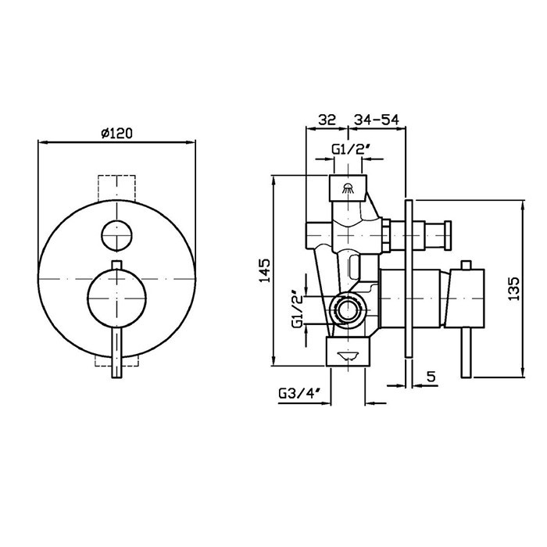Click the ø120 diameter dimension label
pyautogui.click(x=117, y=134)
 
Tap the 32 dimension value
pyautogui.click(x=327, y=120)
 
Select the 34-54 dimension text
pyautogui.click(x=377, y=120)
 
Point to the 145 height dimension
pyautogui.click(x=264, y=270)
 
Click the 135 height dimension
pyautogui.click(x=514, y=289)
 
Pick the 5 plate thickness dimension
pyautogui.click(x=431, y=377)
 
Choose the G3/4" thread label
pyautogui.click(x=299, y=394)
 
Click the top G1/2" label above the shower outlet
pyautogui.click(x=350, y=149)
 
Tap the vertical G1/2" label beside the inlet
pyautogui.click(x=297, y=309)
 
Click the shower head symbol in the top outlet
pyautogui.click(x=348, y=188)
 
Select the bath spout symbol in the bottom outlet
pyautogui.click(x=348, y=356)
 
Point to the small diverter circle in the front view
pyautogui.click(x=117, y=235)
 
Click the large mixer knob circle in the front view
pyautogui.click(x=117, y=299)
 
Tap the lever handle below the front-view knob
pyautogui.click(x=117, y=352)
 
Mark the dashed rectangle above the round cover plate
pyautogui.click(x=117, y=188)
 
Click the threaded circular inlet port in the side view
pyautogui.click(x=347, y=310)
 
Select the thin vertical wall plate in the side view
pyautogui.click(x=409, y=279)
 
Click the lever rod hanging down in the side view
pyautogui.click(x=467, y=353)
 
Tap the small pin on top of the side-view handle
pyautogui.click(x=467, y=265)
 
